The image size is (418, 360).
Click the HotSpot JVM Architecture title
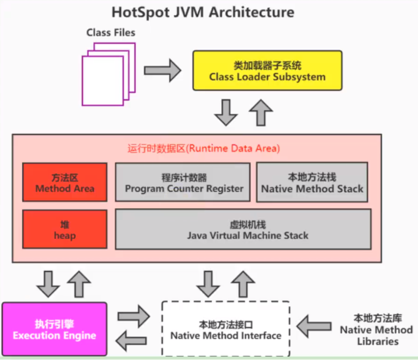tap(203, 12)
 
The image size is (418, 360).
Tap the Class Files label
tap(110, 32)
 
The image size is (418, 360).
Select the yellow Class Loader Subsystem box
tap(267, 71)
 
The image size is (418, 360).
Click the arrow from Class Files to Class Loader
tap(163, 71)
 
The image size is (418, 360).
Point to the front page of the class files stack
tap(103, 80)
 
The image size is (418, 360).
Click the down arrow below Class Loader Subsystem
tap(226, 113)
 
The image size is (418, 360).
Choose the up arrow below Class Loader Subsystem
tap(261, 113)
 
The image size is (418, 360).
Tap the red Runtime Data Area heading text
tap(204, 148)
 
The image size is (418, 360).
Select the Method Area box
tap(65, 182)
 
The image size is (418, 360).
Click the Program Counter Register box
tap(183, 182)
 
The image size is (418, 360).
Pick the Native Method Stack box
tap(312, 182)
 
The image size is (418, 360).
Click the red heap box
tap(65, 230)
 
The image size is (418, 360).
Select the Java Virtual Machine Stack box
tap(243, 230)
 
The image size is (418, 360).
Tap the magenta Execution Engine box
tap(54, 329)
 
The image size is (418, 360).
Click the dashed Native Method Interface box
tap(226, 329)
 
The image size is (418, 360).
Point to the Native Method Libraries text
tap(377, 330)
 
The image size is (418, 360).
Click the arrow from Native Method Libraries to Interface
tap(314, 326)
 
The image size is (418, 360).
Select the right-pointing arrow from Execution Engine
tap(134, 316)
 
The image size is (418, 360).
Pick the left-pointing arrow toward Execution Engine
tap(131, 341)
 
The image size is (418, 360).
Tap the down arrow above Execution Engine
tap(48, 284)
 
